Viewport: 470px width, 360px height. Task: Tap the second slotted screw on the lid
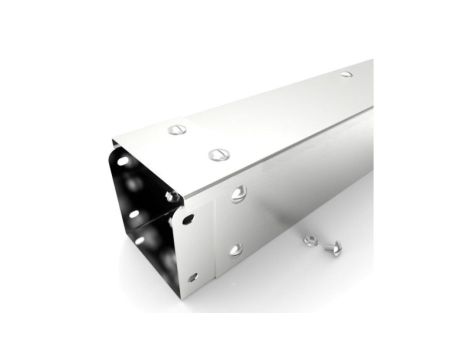(217, 154)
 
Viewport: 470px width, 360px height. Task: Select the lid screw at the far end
(346, 74)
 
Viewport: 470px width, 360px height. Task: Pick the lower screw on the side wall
(235, 250)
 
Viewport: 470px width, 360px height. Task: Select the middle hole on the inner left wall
(132, 214)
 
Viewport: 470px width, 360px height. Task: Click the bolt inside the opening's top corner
(173, 196)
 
